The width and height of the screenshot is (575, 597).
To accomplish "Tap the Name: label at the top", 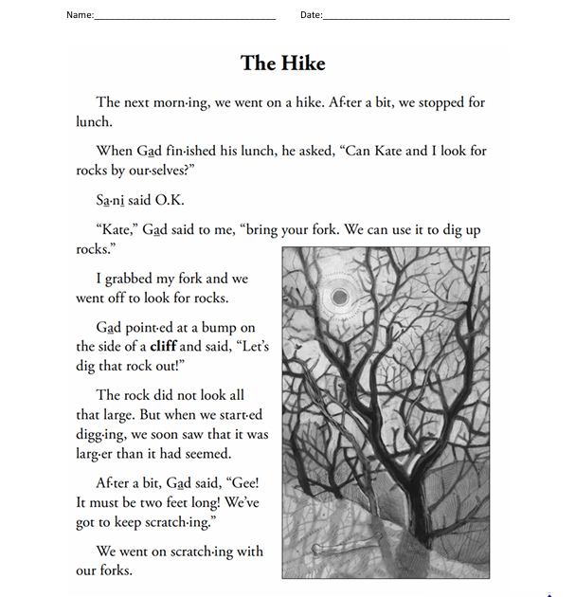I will point(80,14).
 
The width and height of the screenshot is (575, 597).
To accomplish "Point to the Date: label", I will point(311,14).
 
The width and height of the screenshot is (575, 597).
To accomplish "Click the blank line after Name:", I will point(185,17).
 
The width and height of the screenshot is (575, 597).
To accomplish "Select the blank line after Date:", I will point(416,17).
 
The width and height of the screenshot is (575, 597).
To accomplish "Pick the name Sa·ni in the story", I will point(110,201).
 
